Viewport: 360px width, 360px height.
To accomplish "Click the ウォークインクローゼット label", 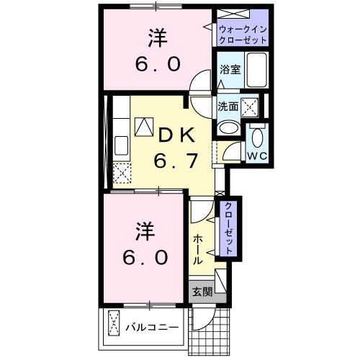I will [x=242, y=34].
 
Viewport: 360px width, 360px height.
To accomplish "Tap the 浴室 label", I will [x=230, y=70].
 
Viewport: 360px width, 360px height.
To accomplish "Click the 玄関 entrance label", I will [x=202, y=292].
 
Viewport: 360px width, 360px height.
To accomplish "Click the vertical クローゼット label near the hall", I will [x=228, y=228].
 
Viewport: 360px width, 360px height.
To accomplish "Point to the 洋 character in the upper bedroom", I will [x=158, y=36].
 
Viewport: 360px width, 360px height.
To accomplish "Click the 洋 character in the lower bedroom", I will [x=143, y=232].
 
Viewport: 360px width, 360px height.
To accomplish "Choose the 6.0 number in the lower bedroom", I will [x=143, y=256].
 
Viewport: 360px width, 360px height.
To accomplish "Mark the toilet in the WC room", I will [x=257, y=135].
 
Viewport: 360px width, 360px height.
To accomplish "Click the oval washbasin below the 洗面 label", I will [x=228, y=127].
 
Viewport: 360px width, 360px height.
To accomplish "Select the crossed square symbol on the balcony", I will [x=113, y=323].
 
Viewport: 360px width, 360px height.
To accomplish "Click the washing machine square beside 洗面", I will [x=251, y=107].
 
